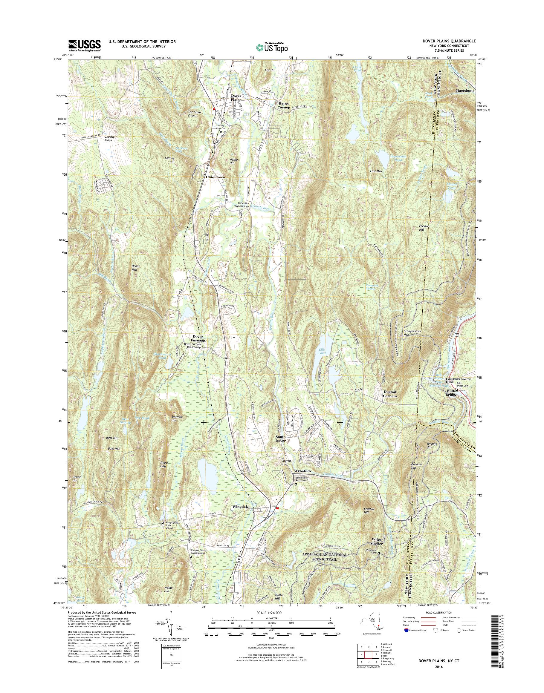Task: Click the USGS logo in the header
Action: click(x=84, y=45)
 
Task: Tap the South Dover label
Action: click(x=281, y=439)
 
